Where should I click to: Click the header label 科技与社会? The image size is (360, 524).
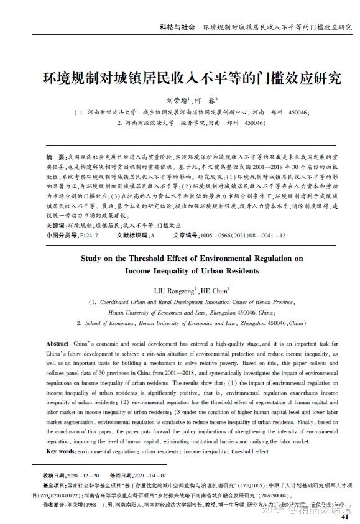click(177, 28)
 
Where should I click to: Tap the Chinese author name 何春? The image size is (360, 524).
click(208, 99)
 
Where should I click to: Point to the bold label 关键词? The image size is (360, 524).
click(57, 225)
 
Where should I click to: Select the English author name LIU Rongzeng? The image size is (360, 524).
click(175, 290)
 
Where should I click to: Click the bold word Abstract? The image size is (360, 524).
click(58, 344)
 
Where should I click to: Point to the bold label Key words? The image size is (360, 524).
click(60, 451)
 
